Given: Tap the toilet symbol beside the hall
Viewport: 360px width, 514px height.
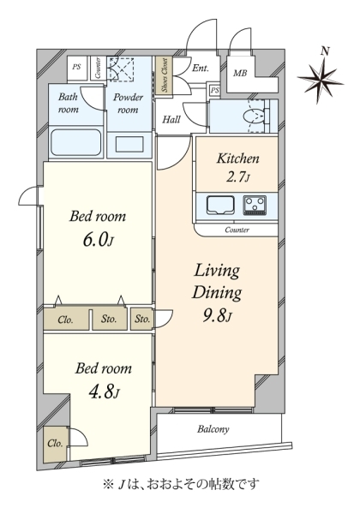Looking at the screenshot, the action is pyautogui.click(x=254, y=117).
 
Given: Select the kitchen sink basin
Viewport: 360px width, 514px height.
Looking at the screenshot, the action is pyautogui.click(x=220, y=206).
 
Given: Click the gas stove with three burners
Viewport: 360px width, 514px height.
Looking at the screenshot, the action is pyautogui.click(x=255, y=206).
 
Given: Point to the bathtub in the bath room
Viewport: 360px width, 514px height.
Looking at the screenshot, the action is pyautogui.click(x=76, y=142).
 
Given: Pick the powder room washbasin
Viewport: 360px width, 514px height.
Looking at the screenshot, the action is pyautogui.click(x=129, y=144).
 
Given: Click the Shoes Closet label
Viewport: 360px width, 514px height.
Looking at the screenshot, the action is pyautogui.click(x=165, y=75).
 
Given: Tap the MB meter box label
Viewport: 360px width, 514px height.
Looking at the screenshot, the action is pyautogui.click(x=240, y=73).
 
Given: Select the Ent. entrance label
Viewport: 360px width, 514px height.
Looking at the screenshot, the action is pyautogui.click(x=201, y=69).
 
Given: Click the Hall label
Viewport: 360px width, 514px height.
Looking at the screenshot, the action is pyautogui.click(x=171, y=119).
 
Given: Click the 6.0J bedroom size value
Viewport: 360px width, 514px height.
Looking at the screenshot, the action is pyautogui.click(x=98, y=240).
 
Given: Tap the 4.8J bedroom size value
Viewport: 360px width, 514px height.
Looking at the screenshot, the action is pyautogui.click(x=104, y=391).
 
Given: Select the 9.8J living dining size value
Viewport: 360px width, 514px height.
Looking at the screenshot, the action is pyautogui.click(x=217, y=316).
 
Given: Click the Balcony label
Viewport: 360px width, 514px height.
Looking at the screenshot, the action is pyautogui.click(x=213, y=429).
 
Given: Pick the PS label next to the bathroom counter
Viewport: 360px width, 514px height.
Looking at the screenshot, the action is pyautogui.click(x=76, y=67).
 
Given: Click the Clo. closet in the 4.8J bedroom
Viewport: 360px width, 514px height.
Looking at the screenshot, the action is pyautogui.click(x=56, y=444).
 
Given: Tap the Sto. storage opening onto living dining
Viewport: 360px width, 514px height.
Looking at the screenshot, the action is pyautogui.click(x=142, y=319).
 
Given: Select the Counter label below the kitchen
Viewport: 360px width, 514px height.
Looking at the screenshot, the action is pyautogui.click(x=237, y=230).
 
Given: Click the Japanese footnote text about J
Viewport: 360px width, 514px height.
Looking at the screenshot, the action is pyautogui.click(x=181, y=484).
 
